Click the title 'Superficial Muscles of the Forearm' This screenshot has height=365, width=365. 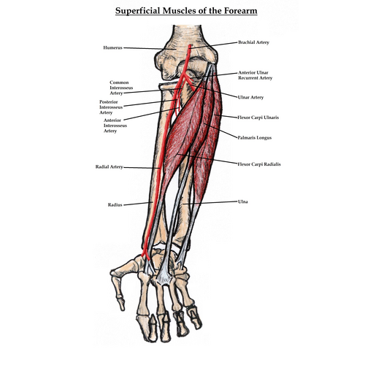point(186,11)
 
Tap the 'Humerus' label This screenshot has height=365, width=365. point(112,47)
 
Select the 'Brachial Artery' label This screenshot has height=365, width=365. point(253,42)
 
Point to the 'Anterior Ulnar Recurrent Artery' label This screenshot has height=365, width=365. point(255,75)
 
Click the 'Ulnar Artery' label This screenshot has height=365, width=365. point(250,97)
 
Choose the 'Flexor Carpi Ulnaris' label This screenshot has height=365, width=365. point(258,118)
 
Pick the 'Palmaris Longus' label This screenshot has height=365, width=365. point(255,138)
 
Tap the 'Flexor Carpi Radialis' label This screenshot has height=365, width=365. point(259,164)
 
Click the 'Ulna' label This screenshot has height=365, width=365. point(243,201)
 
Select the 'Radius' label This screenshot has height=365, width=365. point(115,205)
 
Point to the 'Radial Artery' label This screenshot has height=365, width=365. point(109,167)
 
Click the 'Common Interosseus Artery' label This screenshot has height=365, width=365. point(121,88)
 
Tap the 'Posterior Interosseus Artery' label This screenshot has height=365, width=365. point(111,107)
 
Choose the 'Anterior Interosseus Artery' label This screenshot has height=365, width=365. point(115,126)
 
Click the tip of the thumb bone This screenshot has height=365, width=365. point(123,310)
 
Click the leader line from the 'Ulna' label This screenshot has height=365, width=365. point(210,203)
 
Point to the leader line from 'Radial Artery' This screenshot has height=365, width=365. point(142,168)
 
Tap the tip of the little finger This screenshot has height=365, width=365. point(199,327)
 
